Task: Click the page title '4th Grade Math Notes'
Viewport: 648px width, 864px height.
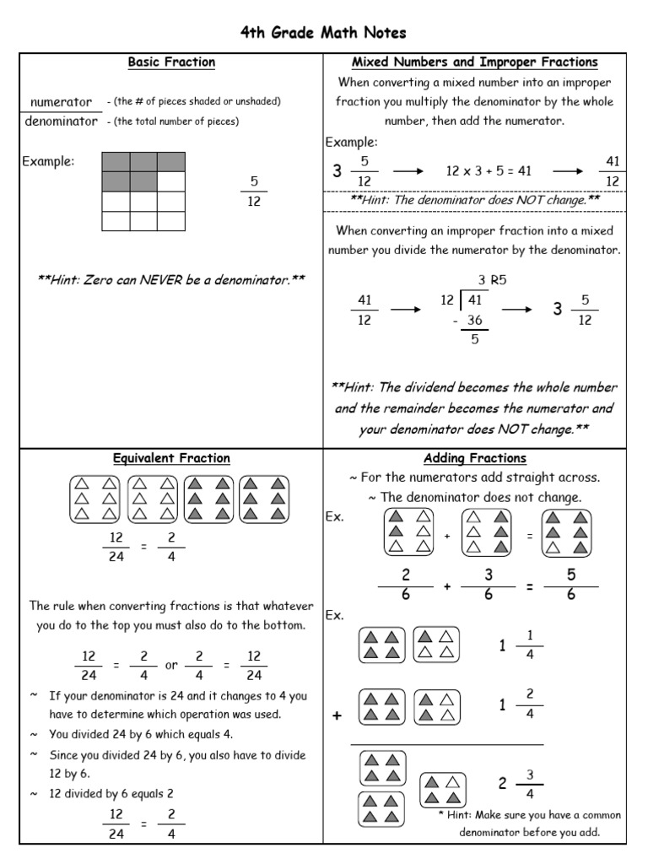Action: click(x=323, y=33)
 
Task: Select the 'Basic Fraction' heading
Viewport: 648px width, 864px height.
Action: click(x=171, y=62)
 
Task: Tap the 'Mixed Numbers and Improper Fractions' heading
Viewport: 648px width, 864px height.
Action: click(x=474, y=62)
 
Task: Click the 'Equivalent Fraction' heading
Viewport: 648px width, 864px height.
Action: click(x=171, y=458)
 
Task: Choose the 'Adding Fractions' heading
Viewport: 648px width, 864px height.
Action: click(x=474, y=458)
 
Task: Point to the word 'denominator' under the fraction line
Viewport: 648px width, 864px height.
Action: click(x=61, y=121)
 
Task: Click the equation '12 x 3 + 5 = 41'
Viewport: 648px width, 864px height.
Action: click(x=489, y=171)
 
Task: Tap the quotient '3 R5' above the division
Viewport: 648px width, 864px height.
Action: click(x=494, y=280)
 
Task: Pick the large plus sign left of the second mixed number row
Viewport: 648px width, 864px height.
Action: click(x=337, y=715)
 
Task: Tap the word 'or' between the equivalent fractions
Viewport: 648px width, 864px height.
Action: click(x=171, y=665)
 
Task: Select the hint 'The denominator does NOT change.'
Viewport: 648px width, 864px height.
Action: click(x=474, y=201)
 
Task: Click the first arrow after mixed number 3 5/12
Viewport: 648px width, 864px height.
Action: click(x=408, y=171)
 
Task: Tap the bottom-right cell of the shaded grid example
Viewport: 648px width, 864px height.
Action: click(x=171, y=221)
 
